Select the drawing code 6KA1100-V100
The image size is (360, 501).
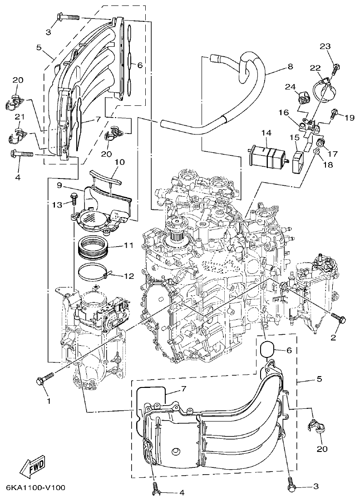pos(36,488)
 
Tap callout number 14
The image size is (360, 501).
pos(266,133)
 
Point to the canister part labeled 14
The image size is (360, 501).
pos(266,156)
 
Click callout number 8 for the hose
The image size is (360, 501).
pos(290,66)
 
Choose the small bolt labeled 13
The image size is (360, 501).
pos(74,198)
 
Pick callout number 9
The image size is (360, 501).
pos(59,185)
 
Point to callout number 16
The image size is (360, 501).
pos(283,112)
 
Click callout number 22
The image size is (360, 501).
pos(315,68)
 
